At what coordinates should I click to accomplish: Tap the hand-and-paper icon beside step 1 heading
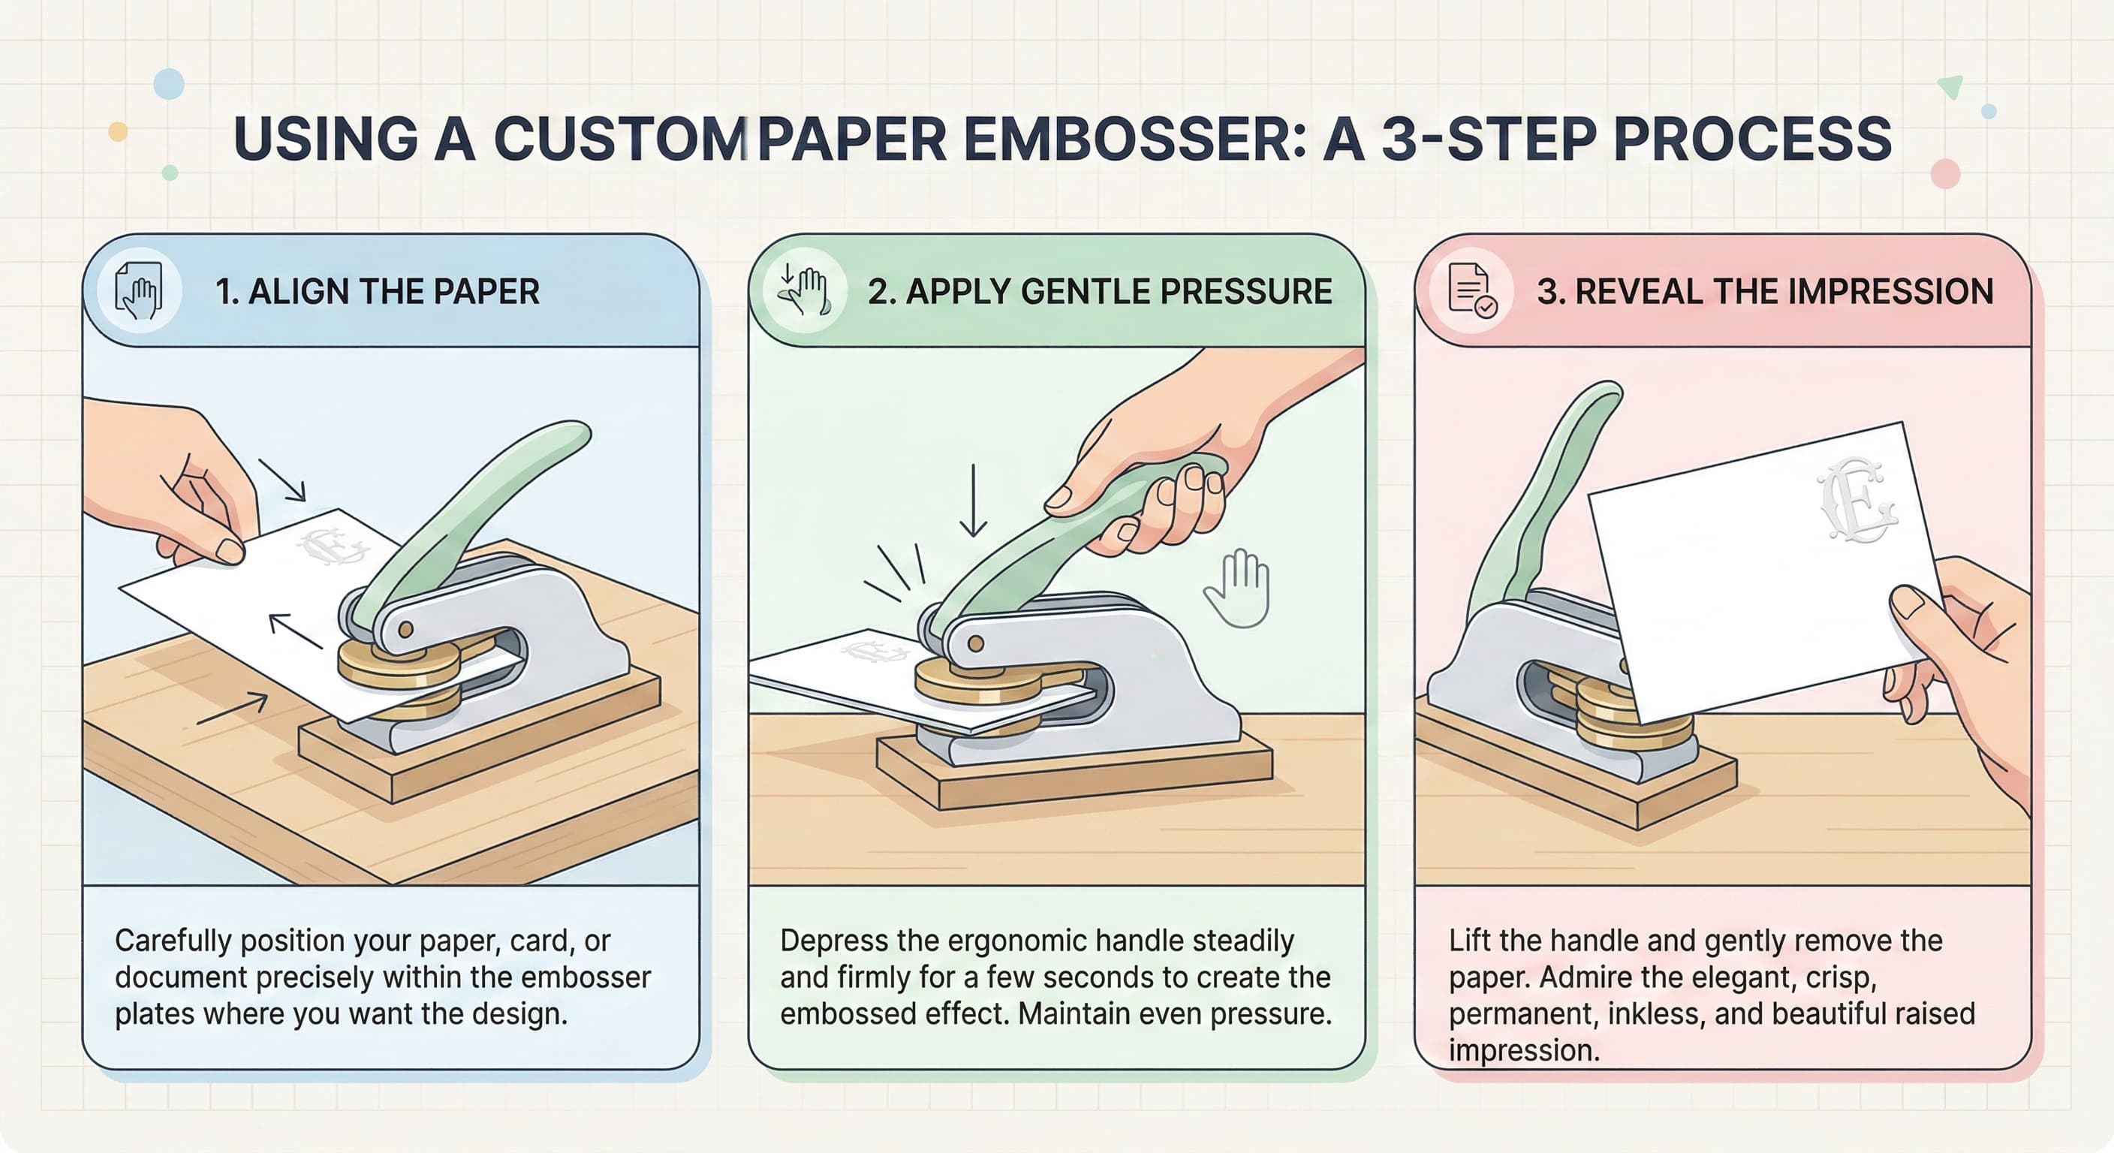(139, 291)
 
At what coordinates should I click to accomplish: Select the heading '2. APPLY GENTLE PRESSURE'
(1100, 291)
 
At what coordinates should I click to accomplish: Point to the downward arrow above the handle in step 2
(973, 500)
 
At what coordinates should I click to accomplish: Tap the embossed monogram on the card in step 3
(1857, 501)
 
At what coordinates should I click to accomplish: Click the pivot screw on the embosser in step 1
(405, 630)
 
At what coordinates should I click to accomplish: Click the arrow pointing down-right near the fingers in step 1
(282, 479)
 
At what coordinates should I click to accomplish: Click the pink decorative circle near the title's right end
(1945, 174)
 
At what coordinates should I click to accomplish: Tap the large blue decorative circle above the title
(169, 84)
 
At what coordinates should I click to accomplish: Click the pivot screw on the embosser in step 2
(976, 643)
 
